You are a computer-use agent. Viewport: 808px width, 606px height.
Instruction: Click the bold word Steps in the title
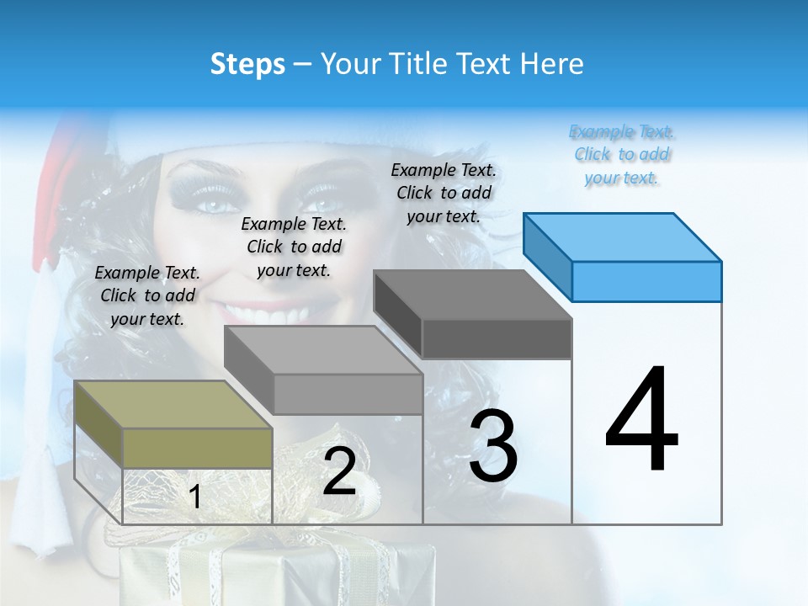pos(247,64)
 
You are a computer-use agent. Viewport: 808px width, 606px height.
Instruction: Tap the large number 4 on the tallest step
pos(641,421)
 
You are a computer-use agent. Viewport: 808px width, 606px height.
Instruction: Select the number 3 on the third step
pos(492,447)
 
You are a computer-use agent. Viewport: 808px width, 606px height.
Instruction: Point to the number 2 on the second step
pos(339,472)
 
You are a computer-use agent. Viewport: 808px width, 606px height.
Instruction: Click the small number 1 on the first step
pos(194,497)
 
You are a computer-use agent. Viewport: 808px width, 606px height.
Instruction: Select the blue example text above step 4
pos(622,155)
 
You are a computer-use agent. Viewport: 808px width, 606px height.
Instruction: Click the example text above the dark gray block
pos(444,193)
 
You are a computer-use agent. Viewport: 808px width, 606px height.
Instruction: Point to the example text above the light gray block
pos(294,247)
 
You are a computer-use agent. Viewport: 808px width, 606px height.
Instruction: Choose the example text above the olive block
pos(147,295)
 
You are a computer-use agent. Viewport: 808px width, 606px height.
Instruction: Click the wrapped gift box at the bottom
pos(252,572)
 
